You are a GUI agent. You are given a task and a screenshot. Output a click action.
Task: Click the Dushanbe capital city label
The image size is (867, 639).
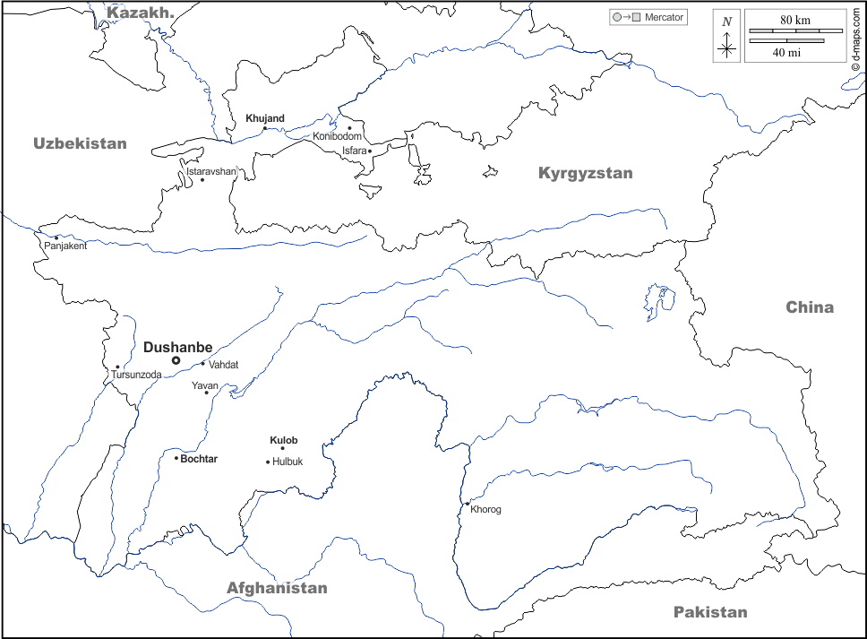(177, 347)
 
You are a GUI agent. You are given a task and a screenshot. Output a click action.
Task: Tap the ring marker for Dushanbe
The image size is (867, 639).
(176, 360)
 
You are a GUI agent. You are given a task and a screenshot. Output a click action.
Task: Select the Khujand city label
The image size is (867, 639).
(264, 118)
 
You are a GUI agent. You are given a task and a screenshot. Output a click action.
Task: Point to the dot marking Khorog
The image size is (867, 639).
(467, 504)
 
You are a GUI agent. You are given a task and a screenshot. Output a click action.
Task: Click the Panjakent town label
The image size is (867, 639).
(65, 246)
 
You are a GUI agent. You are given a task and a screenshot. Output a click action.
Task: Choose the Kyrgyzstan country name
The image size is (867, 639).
(585, 173)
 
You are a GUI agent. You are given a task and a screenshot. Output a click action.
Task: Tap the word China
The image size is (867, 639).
(810, 307)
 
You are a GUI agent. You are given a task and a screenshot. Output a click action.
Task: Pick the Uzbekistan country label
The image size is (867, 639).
(80, 143)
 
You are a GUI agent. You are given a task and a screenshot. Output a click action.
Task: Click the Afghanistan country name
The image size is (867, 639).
(277, 588)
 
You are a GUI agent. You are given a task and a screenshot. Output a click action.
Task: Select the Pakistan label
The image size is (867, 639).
(709, 612)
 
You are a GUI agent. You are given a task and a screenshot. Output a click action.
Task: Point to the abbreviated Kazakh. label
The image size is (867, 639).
(140, 12)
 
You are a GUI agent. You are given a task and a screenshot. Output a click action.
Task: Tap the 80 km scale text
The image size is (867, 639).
(794, 20)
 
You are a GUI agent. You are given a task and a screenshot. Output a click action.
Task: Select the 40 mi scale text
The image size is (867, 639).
(786, 52)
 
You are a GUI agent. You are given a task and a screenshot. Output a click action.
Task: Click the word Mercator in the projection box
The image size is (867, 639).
(664, 17)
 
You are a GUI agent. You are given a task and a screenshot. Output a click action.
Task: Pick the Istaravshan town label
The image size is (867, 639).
(211, 170)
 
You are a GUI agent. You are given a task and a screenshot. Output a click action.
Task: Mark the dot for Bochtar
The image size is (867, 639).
(176, 458)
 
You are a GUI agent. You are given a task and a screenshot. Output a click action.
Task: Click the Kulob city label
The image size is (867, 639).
(283, 440)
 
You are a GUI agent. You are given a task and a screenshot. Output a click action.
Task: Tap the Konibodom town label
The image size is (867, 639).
(337, 136)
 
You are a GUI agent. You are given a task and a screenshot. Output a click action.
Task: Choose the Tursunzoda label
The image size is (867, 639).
(136, 375)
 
